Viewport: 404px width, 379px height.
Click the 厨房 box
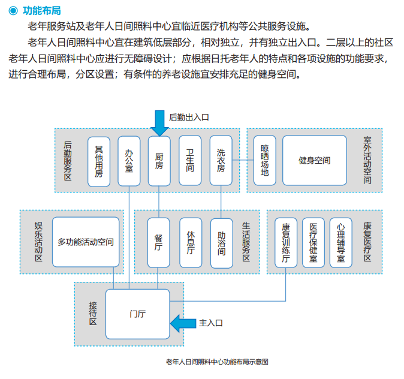[159, 160]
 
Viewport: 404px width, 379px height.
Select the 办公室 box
[129, 160]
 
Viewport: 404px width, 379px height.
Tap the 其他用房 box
[99, 160]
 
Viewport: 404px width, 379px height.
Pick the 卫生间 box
[190, 160]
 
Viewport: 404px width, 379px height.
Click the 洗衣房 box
[221, 160]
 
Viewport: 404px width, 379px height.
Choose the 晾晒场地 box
[264, 160]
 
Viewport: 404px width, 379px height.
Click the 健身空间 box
[315, 160]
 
